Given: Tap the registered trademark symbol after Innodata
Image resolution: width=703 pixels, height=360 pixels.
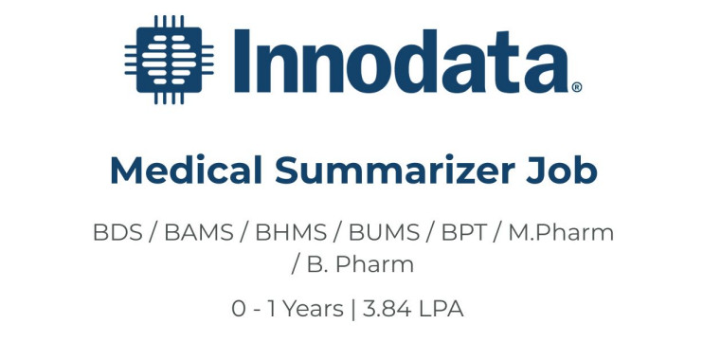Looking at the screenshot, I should tap(576, 87).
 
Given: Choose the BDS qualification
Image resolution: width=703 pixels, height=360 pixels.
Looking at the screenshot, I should tap(116, 233).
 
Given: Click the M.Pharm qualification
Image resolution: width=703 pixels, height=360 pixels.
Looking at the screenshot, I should tap(561, 233).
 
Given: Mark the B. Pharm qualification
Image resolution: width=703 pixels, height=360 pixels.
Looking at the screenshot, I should tap(360, 264).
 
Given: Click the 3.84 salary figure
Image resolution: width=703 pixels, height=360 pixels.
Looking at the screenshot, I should tap(390, 309).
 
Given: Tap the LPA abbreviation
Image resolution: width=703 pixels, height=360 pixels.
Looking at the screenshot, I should tap(441, 309).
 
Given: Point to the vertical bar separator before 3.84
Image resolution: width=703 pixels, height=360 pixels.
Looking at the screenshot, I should tap(352, 309).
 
